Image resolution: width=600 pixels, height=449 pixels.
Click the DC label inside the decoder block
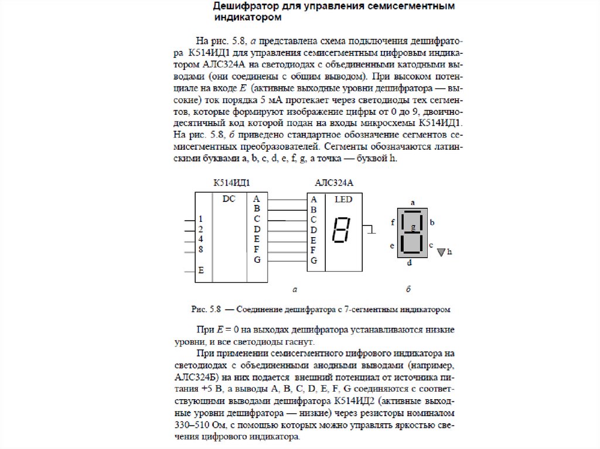(229, 199)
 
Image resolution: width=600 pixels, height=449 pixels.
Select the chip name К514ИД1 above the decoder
(228, 183)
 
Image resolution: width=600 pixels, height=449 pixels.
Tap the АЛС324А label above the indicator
(334, 183)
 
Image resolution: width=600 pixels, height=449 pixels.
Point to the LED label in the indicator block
(343, 200)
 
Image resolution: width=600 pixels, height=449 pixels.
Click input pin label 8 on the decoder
(201, 250)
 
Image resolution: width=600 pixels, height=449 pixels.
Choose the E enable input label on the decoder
(201, 270)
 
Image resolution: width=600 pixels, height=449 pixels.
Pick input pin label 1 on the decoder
(201, 218)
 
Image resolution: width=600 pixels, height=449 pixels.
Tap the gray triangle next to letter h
(441, 252)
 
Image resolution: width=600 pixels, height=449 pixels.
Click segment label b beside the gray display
(432, 222)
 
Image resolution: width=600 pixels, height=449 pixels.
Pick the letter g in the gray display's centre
(413, 226)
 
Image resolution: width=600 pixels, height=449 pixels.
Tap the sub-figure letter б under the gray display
(408, 289)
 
